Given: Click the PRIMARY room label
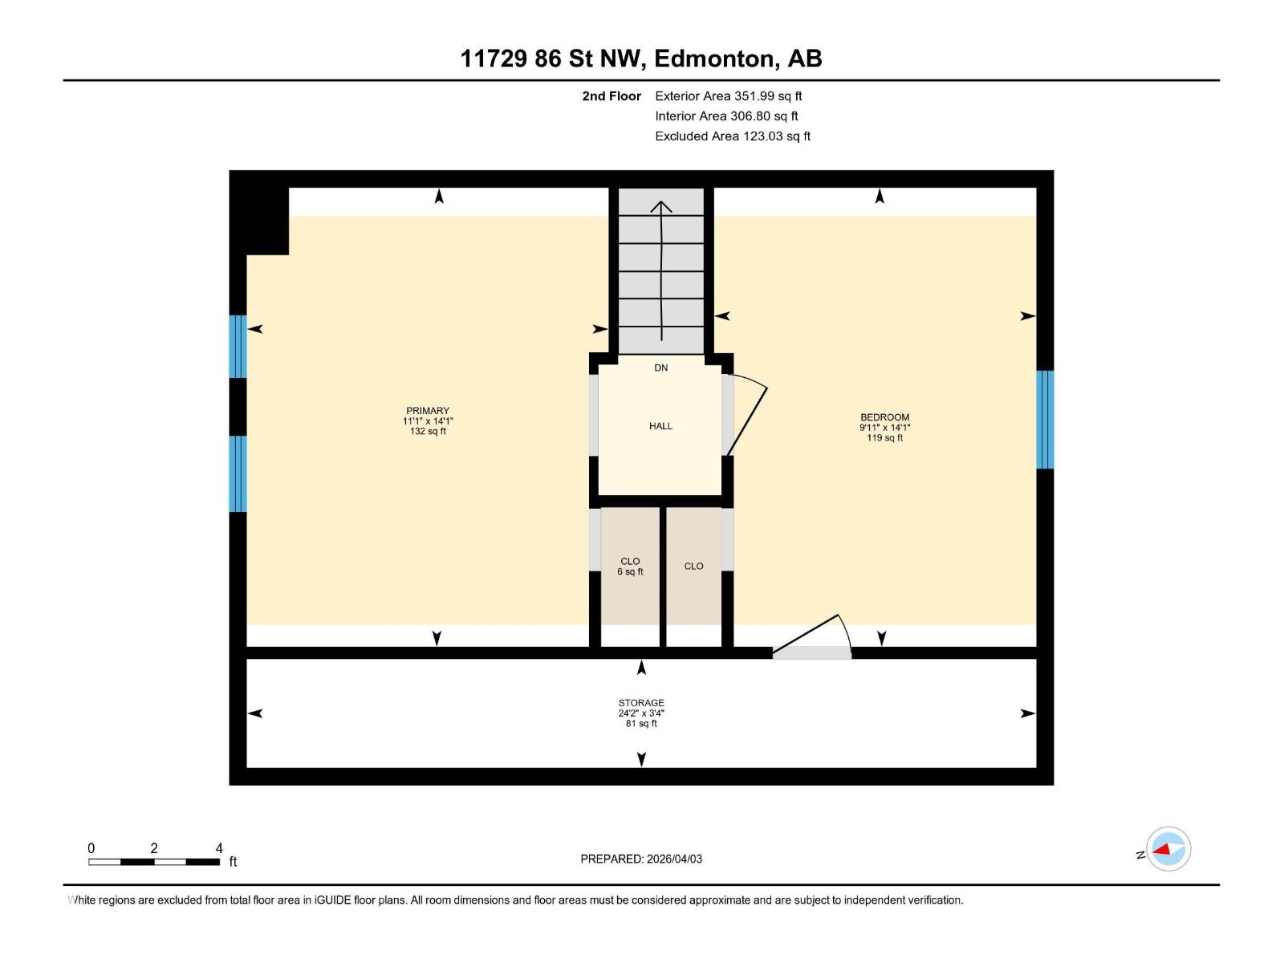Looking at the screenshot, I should (428, 411).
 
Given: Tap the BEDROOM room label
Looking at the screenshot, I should (884, 417).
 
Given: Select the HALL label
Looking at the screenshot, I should (660, 426).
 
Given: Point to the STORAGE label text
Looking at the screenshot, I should (640, 703).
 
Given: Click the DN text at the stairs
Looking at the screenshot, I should (660, 368).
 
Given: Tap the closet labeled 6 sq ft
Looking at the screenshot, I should (630, 567).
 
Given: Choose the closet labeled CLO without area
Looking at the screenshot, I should (693, 567).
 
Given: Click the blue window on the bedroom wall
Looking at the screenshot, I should (1044, 420).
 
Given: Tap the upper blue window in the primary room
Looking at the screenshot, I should (238, 347).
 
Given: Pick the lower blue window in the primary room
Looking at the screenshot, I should (238, 473).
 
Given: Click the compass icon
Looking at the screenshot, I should (1168, 849).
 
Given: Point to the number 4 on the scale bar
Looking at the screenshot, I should (219, 848).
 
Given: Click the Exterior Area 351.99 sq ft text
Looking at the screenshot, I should (728, 96).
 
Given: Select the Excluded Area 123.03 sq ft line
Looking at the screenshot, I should (732, 136).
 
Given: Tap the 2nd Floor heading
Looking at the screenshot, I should (612, 96).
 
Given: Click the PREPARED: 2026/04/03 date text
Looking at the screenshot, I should (641, 859).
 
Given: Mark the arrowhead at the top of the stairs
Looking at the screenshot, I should (661, 206).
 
